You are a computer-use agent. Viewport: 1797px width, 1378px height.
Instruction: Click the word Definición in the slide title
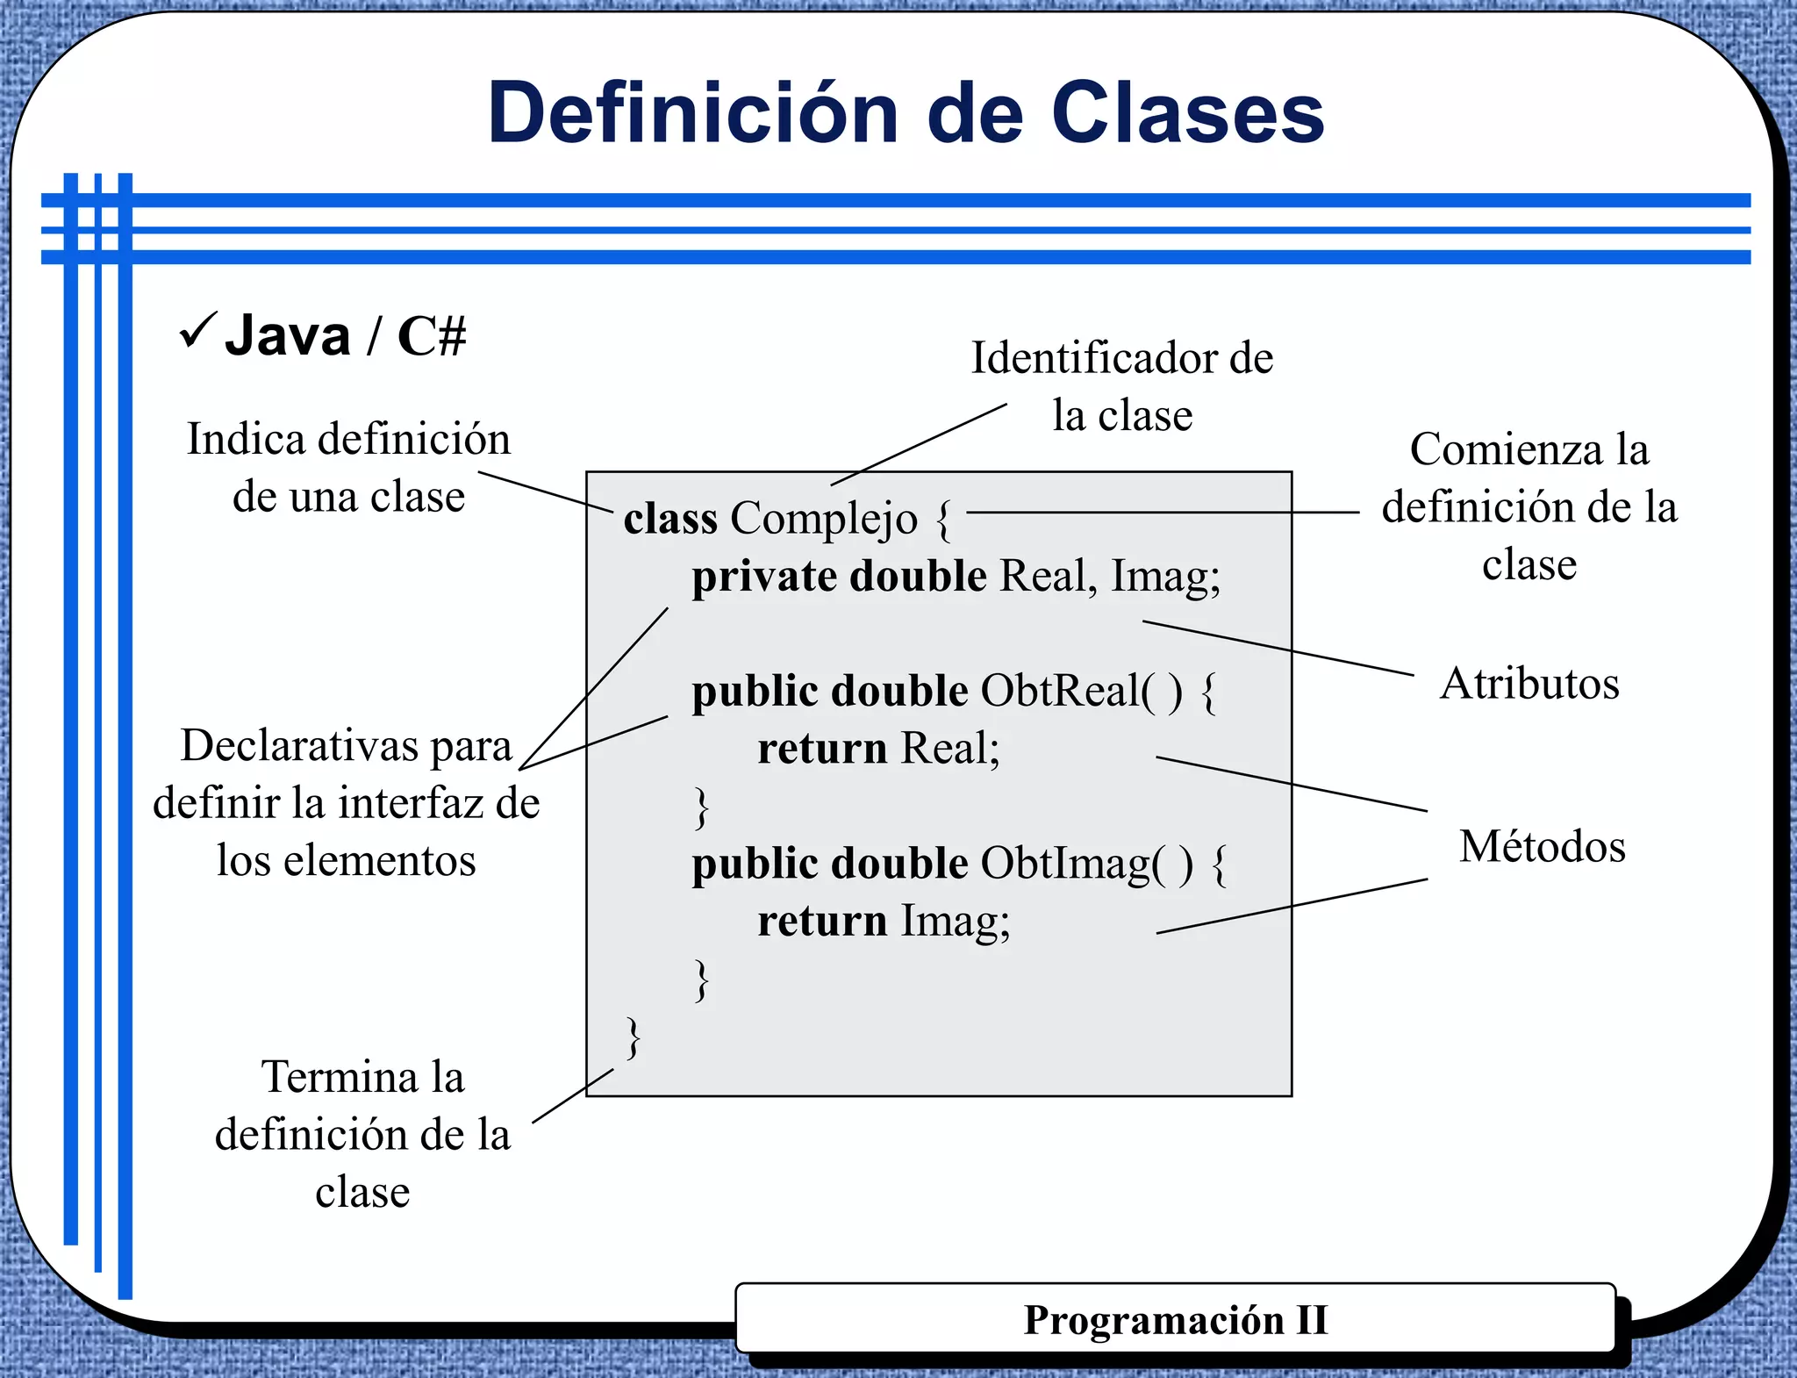pyautogui.click(x=693, y=113)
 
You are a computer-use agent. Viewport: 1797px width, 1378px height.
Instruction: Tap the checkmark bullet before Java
pyautogui.click(x=197, y=331)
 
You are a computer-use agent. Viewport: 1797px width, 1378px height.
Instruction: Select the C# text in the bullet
pyautogui.click(x=431, y=335)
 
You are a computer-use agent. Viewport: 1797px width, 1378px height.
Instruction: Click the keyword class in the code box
pyautogui.click(x=670, y=518)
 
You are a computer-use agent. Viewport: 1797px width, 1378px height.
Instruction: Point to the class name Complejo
pyautogui.click(x=824, y=519)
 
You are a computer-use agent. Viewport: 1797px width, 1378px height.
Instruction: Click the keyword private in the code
pyautogui.click(x=763, y=577)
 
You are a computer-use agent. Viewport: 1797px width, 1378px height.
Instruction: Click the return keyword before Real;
pyautogui.click(x=822, y=749)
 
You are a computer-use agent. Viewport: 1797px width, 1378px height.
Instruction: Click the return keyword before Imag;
pyautogui.click(x=822, y=922)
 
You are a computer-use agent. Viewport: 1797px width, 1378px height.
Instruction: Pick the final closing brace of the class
pyautogui.click(x=633, y=1037)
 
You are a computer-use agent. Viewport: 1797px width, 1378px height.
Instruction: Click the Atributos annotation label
pyautogui.click(x=1529, y=683)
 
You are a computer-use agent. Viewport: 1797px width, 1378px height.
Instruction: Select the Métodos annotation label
pyautogui.click(x=1542, y=846)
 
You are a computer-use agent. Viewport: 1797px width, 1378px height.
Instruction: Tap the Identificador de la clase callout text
pyautogui.click(x=1121, y=386)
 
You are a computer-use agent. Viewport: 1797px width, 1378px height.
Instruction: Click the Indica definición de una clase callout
pyautogui.click(x=348, y=467)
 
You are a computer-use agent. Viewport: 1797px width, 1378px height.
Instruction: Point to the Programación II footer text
pyautogui.click(x=1176, y=1320)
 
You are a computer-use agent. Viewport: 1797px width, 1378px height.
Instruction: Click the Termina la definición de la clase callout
pyautogui.click(x=362, y=1134)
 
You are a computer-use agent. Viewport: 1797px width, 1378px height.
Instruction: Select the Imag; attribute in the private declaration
pyautogui.click(x=1165, y=577)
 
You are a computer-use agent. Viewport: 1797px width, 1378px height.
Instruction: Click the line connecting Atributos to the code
pyautogui.click(x=1278, y=649)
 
